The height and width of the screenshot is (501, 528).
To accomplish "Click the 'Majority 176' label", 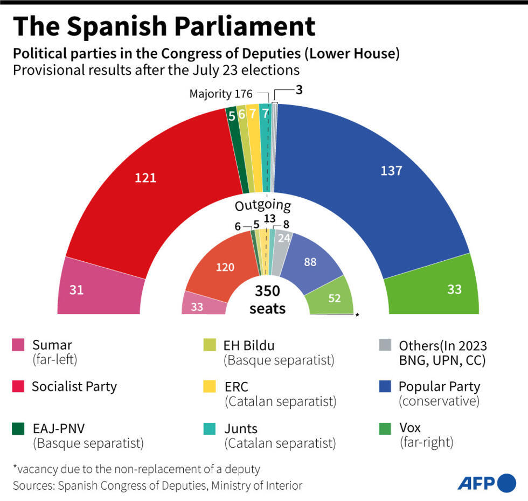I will coord(220,94).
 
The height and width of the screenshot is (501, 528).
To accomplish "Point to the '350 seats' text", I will coord(267,300).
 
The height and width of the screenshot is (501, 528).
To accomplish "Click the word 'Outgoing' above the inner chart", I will coord(262,205).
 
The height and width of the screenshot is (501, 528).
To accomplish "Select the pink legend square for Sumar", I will coord(18,344).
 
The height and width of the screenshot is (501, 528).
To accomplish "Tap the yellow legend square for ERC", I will coord(209,387).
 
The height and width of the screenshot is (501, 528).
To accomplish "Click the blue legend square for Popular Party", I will coord(385,387).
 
